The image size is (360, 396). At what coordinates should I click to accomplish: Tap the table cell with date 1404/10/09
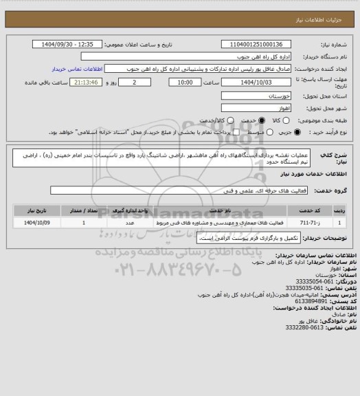point(34,223)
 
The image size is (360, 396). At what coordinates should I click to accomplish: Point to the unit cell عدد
point(130,223)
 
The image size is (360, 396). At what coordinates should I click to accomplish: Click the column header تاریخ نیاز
point(35,212)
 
